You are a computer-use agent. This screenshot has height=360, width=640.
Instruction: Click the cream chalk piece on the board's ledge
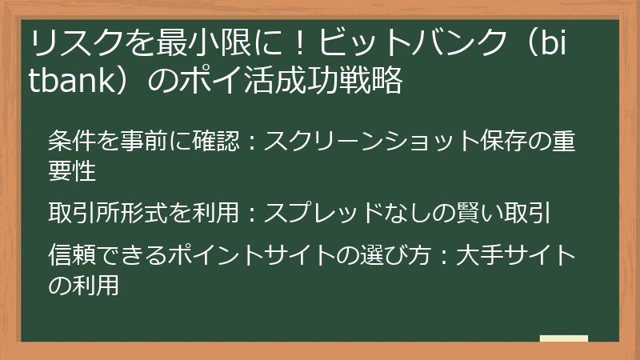564,338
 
